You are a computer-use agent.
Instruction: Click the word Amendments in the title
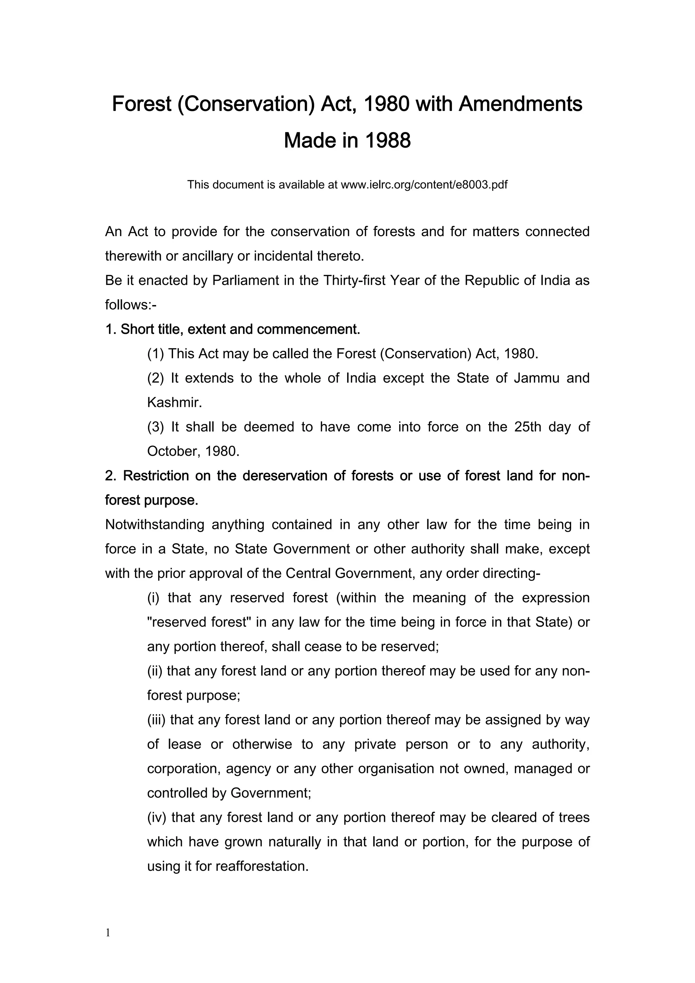[x=520, y=104]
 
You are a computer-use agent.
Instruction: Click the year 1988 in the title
[x=388, y=140]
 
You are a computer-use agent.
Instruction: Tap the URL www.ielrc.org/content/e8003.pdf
[x=424, y=185]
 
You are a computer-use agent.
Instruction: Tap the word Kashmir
[x=174, y=402]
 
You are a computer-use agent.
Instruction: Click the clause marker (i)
[x=153, y=598]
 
